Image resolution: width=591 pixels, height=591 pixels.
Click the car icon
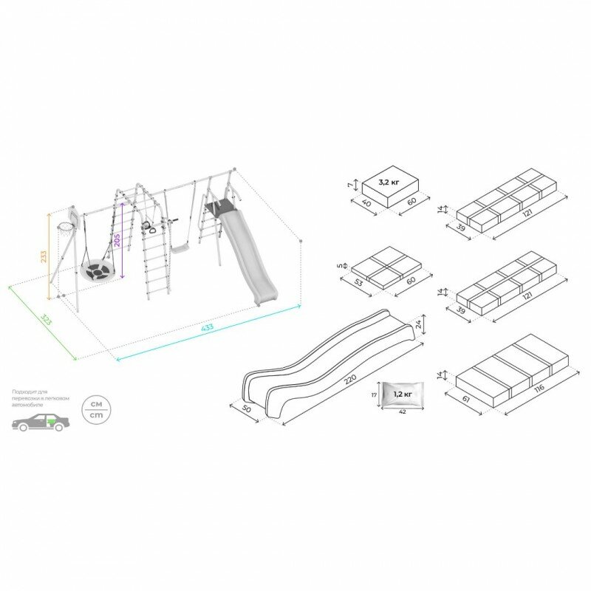tap(41, 423)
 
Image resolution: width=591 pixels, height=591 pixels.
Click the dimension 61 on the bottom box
tap(465, 401)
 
